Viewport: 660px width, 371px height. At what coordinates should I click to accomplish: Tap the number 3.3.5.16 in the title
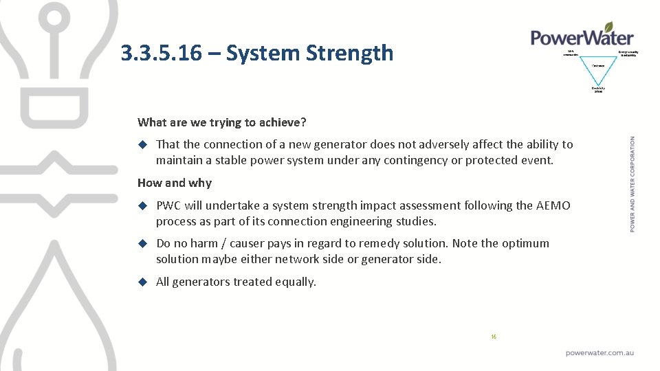(x=161, y=53)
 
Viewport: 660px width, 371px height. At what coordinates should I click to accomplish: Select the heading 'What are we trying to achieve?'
(x=221, y=122)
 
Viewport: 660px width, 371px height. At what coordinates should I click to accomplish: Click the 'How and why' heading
(x=175, y=183)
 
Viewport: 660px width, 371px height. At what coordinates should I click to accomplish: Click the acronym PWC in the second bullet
(x=168, y=205)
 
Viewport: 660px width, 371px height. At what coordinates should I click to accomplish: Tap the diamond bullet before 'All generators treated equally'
(x=143, y=282)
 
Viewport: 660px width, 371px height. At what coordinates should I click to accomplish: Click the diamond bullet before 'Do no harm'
(x=143, y=243)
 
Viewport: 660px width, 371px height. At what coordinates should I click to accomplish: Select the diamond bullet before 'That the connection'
(x=143, y=144)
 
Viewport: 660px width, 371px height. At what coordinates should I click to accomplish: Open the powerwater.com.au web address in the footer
(x=599, y=352)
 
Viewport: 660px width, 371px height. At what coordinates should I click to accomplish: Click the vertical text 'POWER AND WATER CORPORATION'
(x=632, y=184)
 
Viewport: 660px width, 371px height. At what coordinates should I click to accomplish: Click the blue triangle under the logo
(x=598, y=69)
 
